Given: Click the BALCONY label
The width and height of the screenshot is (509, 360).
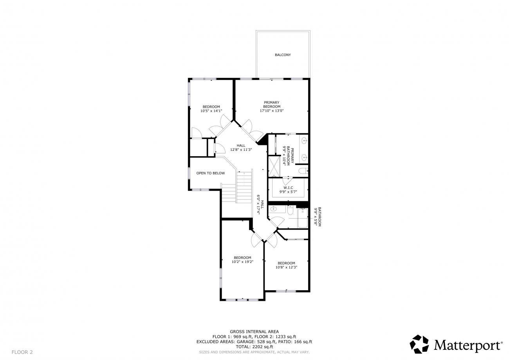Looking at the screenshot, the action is click(x=283, y=55).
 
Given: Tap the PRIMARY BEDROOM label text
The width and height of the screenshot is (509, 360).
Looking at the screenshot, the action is click(x=272, y=105).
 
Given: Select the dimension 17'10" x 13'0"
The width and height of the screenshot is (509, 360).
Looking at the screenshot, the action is click(x=272, y=111).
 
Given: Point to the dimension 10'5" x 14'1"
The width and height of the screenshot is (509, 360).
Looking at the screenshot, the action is click(x=211, y=111).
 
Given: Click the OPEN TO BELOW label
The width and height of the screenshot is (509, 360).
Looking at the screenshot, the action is click(x=210, y=173).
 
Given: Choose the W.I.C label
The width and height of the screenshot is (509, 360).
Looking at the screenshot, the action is click(x=288, y=188).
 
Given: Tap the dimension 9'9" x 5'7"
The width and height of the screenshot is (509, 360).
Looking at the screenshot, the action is click(x=288, y=192).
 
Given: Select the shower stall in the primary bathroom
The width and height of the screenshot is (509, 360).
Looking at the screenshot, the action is click(x=274, y=166).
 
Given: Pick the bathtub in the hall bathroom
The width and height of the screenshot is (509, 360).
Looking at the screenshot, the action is click(x=302, y=218).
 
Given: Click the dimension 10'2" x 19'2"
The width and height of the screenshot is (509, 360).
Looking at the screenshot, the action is click(x=242, y=262).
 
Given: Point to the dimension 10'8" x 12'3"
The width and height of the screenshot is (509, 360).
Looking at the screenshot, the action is click(x=286, y=267).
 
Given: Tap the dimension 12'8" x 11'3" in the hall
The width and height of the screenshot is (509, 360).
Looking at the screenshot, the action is click(x=241, y=150).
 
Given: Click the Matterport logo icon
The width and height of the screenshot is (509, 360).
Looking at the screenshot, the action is click(x=419, y=344).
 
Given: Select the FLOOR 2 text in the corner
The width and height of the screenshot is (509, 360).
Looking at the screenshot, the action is click(x=22, y=352).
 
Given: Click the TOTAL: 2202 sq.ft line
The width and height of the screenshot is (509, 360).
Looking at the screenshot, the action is click(x=254, y=347).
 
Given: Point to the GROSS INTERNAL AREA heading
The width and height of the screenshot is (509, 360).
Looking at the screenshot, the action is click(x=254, y=331).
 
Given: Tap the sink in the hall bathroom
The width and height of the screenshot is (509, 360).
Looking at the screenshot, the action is click(x=273, y=209).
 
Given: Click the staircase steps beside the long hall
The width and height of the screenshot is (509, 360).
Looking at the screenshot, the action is click(x=244, y=187).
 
